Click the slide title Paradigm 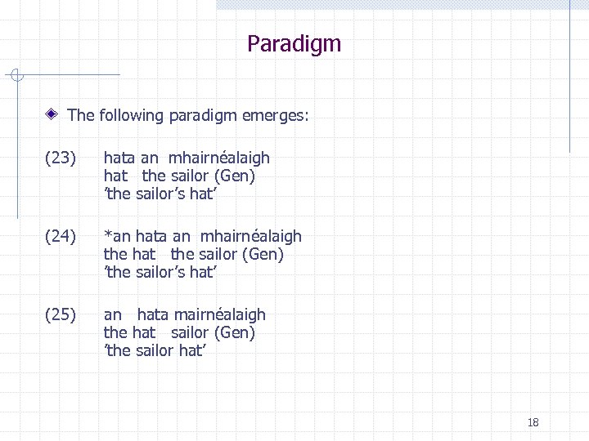coord(294,43)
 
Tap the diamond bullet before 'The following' coord(53,115)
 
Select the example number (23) coord(61,158)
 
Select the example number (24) coord(61,236)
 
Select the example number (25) coord(61,314)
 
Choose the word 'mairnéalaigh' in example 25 coord(218,314)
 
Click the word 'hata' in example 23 coord(119,158)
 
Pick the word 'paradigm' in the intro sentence coord(203,116)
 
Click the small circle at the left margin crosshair coord(19,76)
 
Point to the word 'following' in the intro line coord(132,115)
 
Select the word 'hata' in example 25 coord(153,314)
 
